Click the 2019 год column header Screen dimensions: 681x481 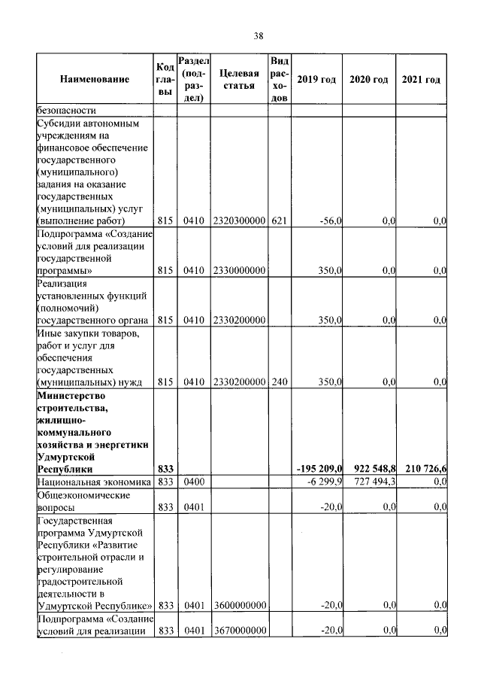click(x=316, y=80)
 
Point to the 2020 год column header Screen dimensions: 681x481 click(x=369, y=80)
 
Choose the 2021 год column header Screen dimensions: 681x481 click(x=422, y=80)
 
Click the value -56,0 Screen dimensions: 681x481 click(x=331, y=221)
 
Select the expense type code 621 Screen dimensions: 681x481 click(x=279, y=221)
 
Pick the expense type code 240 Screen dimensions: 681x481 click(x=279, y=382)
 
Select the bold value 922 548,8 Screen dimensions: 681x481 click(x=370, y=469)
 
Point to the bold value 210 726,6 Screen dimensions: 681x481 click(x=423, y=469)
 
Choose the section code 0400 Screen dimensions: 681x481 click(x=194, y=481)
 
